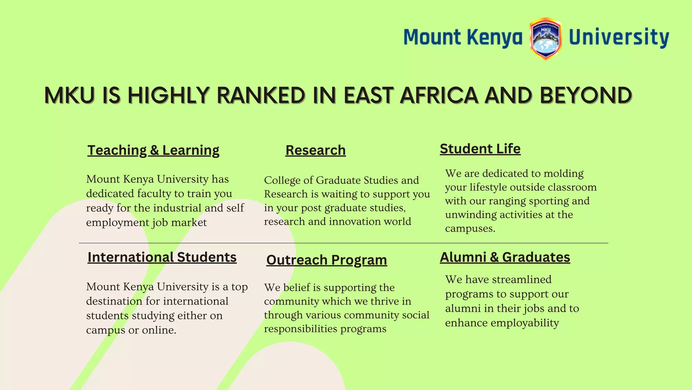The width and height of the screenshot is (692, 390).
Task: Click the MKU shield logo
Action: (x=545, y=39)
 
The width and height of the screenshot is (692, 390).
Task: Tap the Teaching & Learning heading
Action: (x=153, y=150)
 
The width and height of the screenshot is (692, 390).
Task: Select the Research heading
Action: (x=315, y=150)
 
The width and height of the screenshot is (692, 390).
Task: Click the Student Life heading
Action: (x=480, y=149)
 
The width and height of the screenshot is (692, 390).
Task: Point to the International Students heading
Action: (x=162, y=257)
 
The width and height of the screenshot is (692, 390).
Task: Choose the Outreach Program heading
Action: (x=326, y=260)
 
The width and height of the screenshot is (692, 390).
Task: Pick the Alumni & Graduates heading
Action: (x=505, y=257)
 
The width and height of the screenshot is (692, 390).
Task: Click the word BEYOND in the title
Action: (x=586, y=95)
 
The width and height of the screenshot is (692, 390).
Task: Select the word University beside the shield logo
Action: (x=619, y=37)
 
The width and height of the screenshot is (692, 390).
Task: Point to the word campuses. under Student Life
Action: (x=470, y=229)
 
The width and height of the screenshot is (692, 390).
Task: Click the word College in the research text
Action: (x=282, y=180)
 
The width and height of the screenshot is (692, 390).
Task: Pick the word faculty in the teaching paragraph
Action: (x=154, y=194)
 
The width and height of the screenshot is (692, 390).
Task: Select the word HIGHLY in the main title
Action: (x=168, y=95)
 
